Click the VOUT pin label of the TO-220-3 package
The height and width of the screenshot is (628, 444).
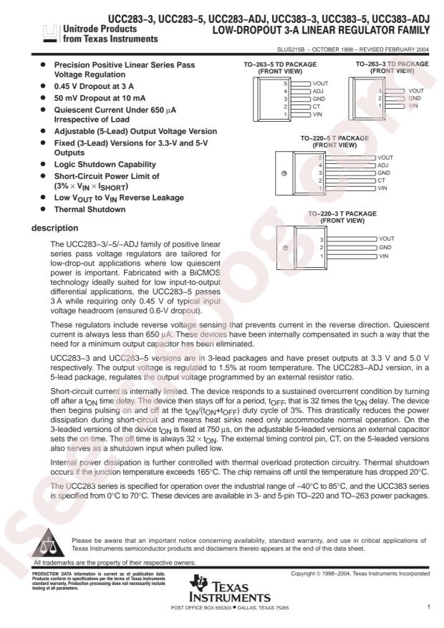[387, 238]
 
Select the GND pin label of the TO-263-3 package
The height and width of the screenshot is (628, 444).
[414, 98]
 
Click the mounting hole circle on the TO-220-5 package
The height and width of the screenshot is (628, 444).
[284, 173]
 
